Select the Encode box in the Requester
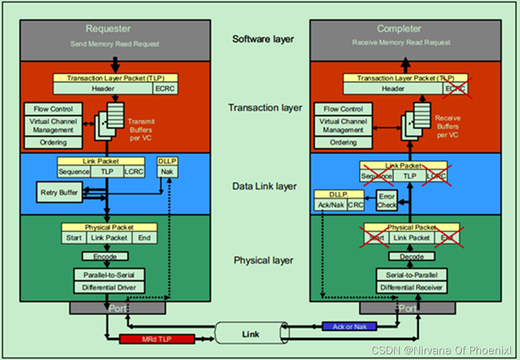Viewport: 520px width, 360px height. [105, 257]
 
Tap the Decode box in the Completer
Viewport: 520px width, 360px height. [411, 257]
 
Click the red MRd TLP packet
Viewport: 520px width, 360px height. [157, 339]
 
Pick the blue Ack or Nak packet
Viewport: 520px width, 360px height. [350, 326]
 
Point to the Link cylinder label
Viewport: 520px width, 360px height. [251, 334]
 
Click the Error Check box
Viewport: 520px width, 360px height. [387, 201]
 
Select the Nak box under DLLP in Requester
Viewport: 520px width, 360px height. [167, 172]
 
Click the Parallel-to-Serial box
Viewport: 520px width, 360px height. [109, 274]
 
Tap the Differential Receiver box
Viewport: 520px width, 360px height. [411, 287]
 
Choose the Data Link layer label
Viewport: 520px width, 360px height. [265, 186]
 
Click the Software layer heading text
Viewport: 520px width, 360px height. [263, 39]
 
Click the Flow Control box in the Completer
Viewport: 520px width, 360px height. [343, 109]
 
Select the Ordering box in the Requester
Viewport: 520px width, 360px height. [53, 142]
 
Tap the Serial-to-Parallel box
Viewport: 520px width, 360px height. [411, 274]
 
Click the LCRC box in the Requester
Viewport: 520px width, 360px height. [133, 172]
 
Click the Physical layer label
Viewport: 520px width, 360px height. [263, 261]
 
